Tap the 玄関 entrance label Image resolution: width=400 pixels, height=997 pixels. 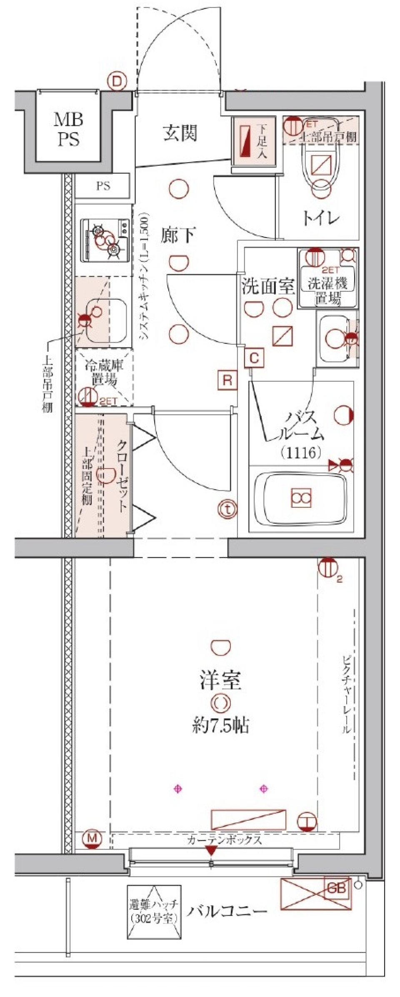(180, 133)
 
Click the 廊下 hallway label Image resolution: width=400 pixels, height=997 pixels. (177, 236)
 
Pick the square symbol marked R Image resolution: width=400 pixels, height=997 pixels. (227, 381)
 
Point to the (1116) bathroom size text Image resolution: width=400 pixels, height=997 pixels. (300, 452)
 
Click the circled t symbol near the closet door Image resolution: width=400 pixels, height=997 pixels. (227, 508)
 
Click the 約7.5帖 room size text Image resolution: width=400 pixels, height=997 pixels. (220, 726)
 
